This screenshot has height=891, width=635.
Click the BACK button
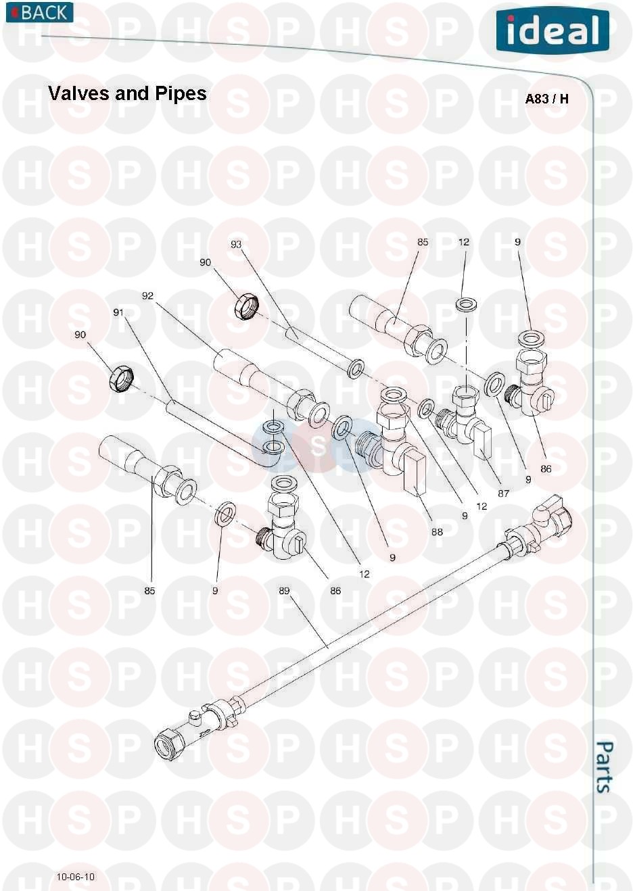click(40, 12)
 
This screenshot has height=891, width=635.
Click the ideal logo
click(552, 30)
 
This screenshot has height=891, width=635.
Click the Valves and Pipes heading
click(127, 93)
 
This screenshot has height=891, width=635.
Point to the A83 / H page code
click(546, 99)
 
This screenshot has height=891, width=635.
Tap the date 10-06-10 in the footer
click(76, 877)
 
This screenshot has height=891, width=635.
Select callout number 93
click(236, 244)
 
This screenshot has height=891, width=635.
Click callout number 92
click(147, 296)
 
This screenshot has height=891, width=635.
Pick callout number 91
click(118, 312)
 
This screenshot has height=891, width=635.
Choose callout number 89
click(284, 591)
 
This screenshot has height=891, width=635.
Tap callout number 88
click(437, 532)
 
